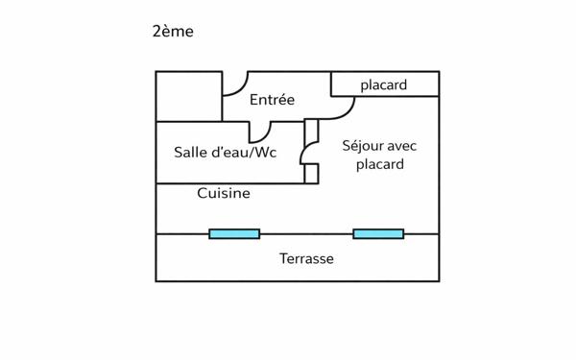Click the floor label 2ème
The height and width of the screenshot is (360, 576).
173,32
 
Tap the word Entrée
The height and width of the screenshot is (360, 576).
272,100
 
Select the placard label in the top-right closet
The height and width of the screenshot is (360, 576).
384,85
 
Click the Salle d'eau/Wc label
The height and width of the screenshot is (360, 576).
226,152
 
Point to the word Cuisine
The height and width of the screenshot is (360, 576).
224,193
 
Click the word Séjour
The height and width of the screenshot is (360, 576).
364,146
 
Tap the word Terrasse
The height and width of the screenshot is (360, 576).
306,258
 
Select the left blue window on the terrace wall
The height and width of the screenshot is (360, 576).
234,233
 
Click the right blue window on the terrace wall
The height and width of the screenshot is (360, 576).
378,233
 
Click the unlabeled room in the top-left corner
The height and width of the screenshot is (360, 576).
189,96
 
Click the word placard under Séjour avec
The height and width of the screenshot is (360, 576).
379,164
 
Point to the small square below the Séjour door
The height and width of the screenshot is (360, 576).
311,174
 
